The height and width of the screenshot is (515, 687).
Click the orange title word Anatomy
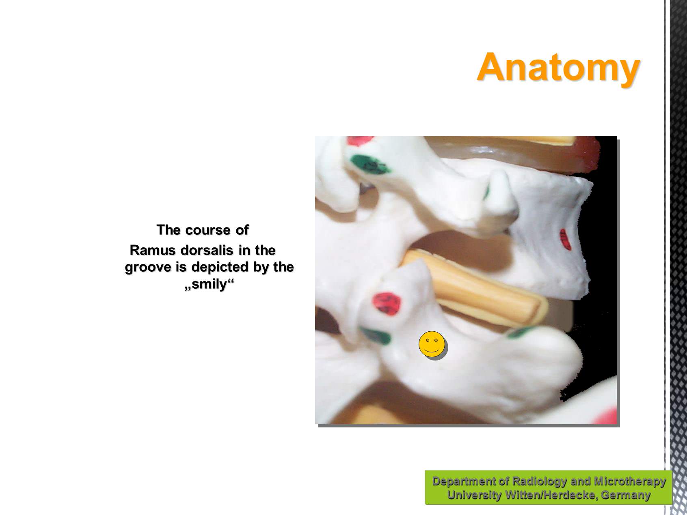(558, 67)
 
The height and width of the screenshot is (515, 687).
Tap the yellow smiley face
(432, 344)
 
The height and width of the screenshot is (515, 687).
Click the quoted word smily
(210, 284)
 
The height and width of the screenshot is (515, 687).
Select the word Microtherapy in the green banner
(630, 481)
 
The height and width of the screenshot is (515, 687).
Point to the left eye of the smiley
(428, 340)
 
